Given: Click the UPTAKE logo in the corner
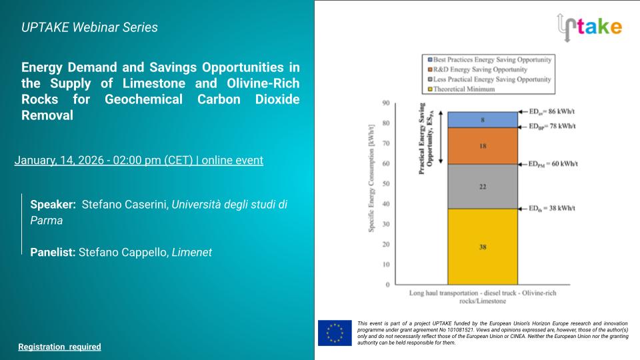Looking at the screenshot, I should (x=589, y=26).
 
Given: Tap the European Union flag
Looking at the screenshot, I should (x=335, y=333).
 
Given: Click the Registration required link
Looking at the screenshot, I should (x=59, y=347).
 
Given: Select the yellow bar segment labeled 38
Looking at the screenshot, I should (x=482, y=247).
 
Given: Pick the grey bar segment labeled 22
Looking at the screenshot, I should (x=482, y=187).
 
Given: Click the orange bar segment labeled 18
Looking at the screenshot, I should (x=482, y=145).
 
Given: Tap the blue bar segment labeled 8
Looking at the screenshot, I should (x=482, y=120).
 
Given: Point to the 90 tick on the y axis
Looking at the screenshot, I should (x=385, y=103).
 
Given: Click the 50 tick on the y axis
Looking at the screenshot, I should (x=385, y=184).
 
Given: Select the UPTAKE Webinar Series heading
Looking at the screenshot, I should (x=89, y=27).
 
